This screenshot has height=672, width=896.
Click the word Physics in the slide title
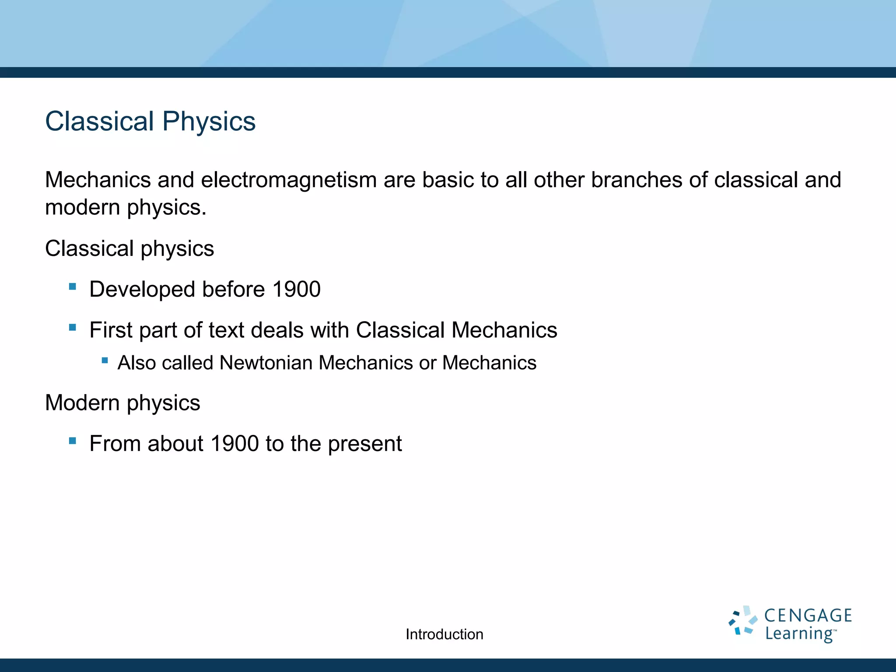[209, 121]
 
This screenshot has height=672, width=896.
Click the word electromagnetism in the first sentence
[289, 180]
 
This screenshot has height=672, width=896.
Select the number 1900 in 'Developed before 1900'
[296, 289]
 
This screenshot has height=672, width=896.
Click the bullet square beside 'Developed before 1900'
[73, 287]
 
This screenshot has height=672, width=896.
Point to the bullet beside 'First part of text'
[73, 327]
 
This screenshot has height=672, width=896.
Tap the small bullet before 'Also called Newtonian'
[105, 360]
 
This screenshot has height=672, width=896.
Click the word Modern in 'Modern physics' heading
[82, 402]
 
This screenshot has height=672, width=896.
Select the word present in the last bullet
[364, 444]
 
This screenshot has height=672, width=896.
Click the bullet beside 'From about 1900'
[73, 441]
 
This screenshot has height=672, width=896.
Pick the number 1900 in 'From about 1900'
[234, 444]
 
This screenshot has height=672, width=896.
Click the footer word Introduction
[444, 634]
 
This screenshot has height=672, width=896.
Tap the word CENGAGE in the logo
[808, 616]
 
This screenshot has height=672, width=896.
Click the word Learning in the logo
[798, 633]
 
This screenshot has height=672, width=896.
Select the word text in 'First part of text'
[226, 330]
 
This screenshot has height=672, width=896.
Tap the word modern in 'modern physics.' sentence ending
[82, 207]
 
